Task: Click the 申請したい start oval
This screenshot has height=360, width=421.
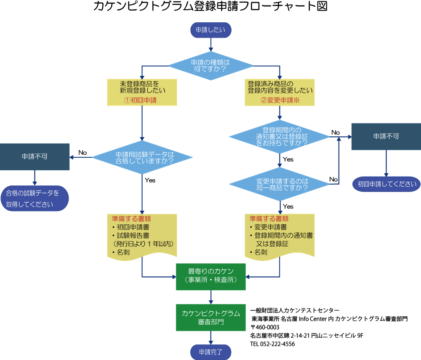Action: (211, 30)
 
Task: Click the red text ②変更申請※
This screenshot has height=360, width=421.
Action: (280, 101)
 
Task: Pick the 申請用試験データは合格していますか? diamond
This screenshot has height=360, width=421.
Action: (142, 158)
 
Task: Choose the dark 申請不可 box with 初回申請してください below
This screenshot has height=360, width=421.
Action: (386, 136)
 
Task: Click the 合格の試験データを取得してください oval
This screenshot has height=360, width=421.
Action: (34, 199)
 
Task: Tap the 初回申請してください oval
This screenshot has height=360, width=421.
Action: (386, 184)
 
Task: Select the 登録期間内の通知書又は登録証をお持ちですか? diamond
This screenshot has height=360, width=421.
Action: (279, 136)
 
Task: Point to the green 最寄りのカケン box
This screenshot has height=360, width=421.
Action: (211, 276)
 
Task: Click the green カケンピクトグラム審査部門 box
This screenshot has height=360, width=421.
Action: (211, 318)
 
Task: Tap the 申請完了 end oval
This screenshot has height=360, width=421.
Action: (210, 351)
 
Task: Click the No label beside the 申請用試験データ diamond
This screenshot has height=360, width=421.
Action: (82, 153)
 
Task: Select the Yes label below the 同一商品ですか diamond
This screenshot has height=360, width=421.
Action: (288, 206)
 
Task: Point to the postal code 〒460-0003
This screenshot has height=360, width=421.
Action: (265, 327)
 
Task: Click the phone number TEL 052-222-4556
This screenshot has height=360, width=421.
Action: (272, 344)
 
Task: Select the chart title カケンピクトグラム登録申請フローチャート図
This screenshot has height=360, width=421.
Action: (210, 7)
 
